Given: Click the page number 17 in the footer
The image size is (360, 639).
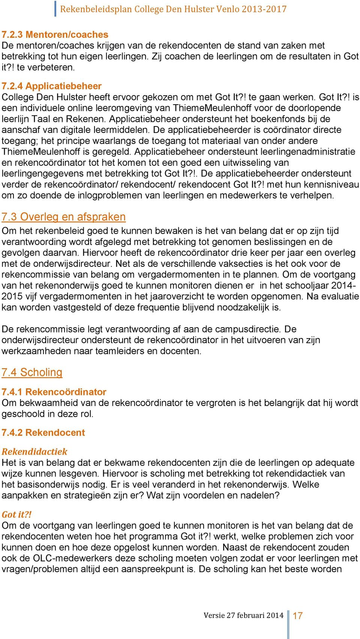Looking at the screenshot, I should point(297,616).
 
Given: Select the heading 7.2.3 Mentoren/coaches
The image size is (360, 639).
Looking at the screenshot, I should point(55,35).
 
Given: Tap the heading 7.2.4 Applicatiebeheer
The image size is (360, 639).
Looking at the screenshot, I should point(51,86).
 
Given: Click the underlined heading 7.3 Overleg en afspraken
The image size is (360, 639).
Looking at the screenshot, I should point(63,217).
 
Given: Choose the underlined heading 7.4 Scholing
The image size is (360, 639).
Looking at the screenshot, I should point(32,372).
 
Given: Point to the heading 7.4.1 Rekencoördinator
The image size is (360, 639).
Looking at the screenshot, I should point(54,392).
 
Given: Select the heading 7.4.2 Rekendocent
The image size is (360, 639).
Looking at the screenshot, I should point(43,432).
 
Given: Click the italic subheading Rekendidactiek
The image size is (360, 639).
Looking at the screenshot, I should point(34,451).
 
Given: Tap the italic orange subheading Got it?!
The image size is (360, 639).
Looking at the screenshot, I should point(16,514).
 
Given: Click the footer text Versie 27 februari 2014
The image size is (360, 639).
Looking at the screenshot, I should point(243,615).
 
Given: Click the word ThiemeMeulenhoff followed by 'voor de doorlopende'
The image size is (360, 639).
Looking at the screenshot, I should point(212,108).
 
